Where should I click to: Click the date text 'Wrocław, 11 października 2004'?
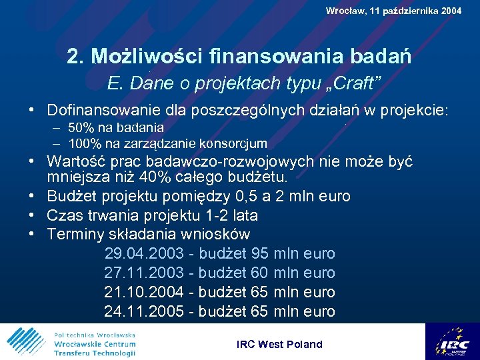click(393, 11)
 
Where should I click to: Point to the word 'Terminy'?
click(75, 234)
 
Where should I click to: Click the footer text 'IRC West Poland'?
click(279, 344)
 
